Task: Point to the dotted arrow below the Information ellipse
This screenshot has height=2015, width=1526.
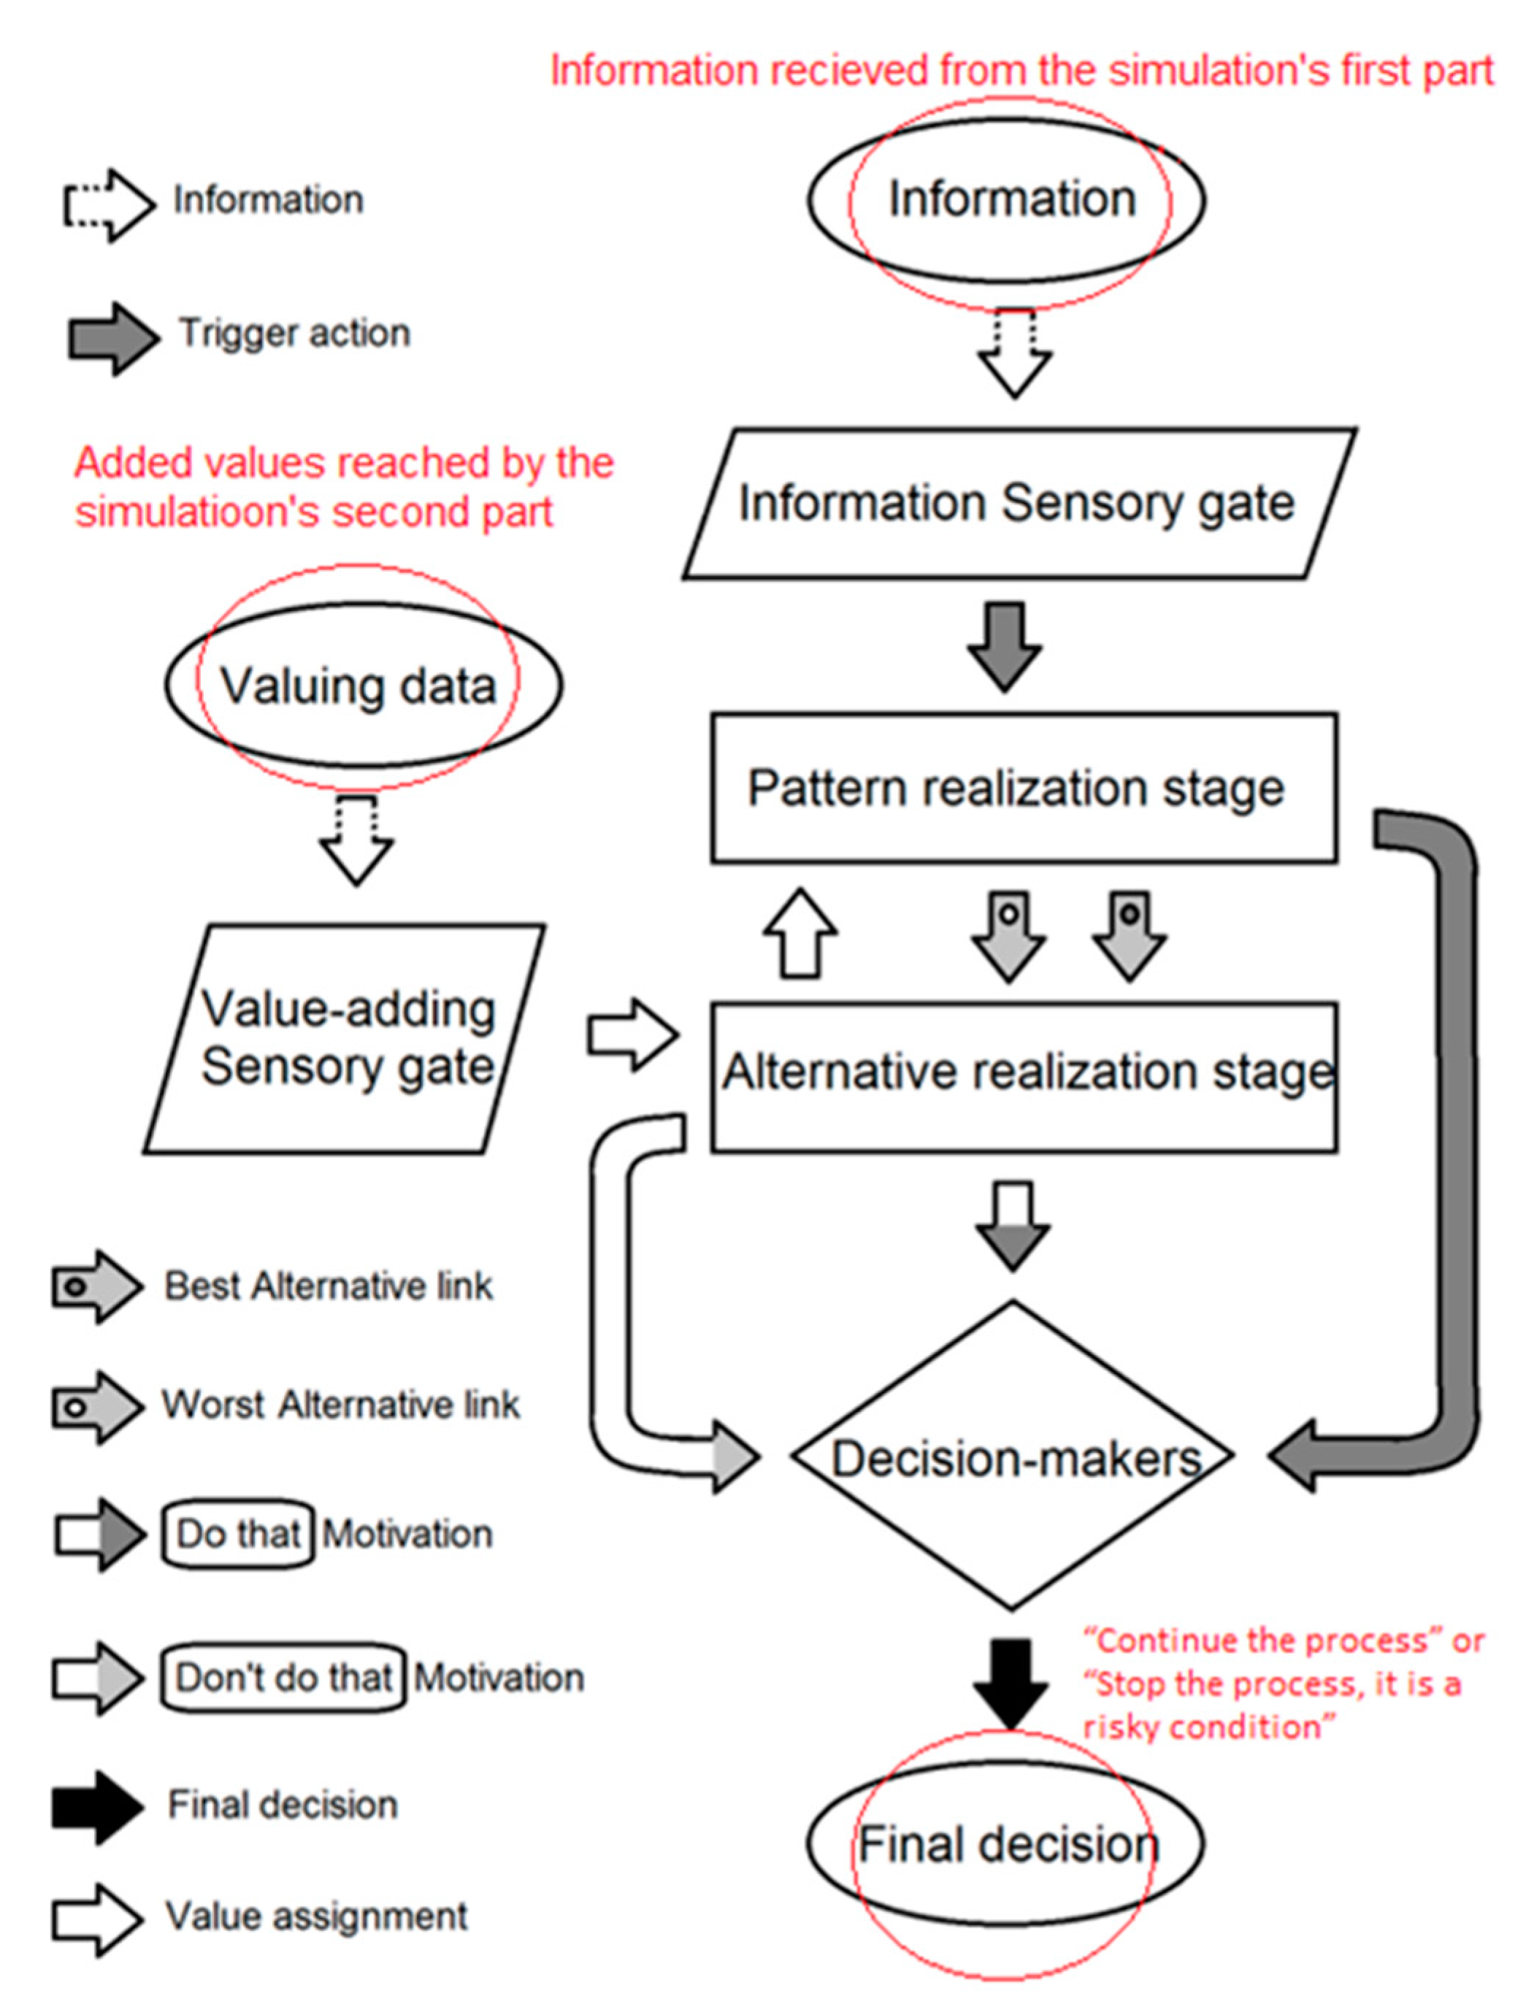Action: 1015,353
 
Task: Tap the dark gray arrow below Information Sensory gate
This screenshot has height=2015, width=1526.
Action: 1005,646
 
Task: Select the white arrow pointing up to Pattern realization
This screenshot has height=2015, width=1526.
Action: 800,933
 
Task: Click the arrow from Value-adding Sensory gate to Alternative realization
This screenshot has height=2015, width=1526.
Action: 633,1035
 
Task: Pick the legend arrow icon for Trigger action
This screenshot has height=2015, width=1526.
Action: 114,339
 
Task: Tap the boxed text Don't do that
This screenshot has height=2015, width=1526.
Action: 283,1677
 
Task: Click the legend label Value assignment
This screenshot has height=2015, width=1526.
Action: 316,1916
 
